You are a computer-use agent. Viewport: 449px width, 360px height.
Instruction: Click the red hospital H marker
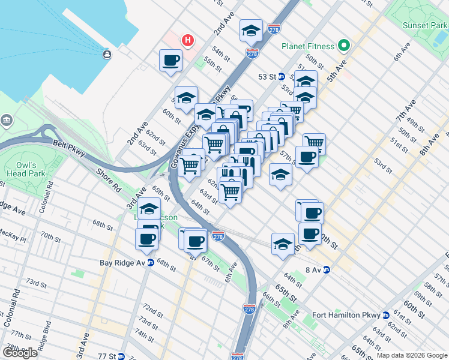click(x=188, y=41)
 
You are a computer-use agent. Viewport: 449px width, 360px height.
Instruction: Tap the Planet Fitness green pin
click(x=343, y=46)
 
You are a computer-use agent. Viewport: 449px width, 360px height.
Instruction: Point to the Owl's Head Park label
click(x=26, y=170)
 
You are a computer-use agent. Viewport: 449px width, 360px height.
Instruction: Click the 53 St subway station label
click(x=271, y=77)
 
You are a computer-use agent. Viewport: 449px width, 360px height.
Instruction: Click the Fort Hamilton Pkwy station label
click(x=351, y=316)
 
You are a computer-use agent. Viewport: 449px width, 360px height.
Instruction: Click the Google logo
click(x=20, y=353)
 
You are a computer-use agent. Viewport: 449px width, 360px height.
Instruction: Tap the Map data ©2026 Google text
click(x=412, y=355)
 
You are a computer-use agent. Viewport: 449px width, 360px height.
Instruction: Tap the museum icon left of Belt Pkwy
click(x=7, y=119)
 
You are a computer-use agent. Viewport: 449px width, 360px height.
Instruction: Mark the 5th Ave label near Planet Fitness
click(x=337, y=70)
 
